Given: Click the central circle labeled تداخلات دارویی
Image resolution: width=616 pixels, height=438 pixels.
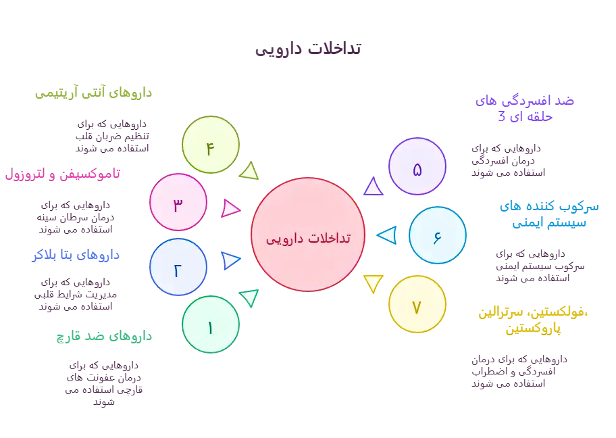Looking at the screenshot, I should click(307, 235).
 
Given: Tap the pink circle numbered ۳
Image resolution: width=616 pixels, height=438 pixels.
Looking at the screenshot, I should click(178, 203).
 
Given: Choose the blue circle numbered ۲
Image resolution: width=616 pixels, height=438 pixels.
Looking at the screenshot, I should click(177, 268).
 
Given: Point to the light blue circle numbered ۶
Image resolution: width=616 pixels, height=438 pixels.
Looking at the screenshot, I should click(437, 235).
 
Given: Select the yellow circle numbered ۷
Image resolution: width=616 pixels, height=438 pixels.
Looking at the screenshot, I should click(417, 306).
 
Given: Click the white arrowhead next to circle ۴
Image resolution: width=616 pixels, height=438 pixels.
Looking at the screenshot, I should click(251, 171).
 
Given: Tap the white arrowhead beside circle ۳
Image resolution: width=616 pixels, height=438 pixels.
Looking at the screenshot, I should click(232, 208).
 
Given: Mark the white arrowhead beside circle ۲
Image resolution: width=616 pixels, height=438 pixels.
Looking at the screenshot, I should click(232, 261).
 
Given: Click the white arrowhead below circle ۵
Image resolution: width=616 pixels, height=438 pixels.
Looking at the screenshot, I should click(373, 187).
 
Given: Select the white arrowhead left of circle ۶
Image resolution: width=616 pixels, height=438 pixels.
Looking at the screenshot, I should click(386, 236).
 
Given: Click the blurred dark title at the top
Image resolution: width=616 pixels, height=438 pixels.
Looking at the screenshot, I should click(307, 49).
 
